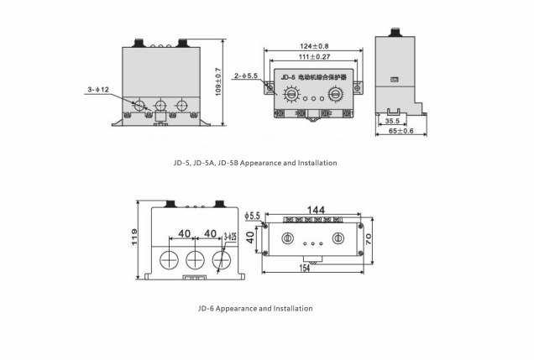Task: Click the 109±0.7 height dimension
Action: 218,81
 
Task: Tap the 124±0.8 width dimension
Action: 314,45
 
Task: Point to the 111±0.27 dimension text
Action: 313,57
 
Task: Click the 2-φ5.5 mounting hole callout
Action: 248,76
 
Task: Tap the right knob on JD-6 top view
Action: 339,237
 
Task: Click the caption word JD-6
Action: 208,308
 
